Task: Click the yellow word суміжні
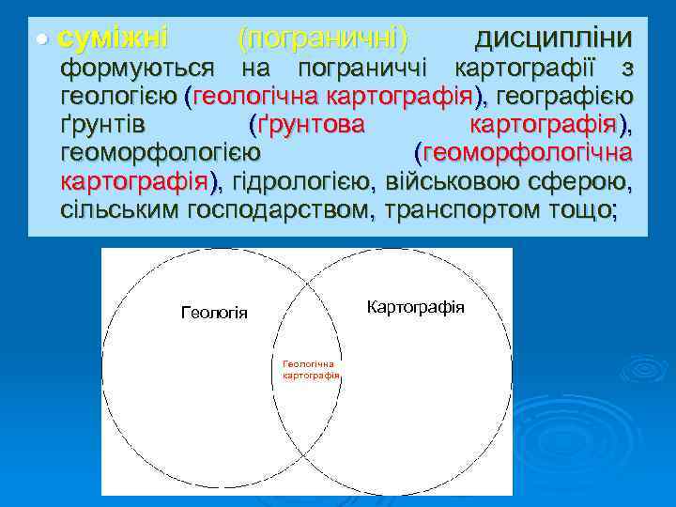(113, 38)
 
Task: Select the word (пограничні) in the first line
(323, 38)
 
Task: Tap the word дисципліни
(553, 38)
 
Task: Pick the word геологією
(119, 97)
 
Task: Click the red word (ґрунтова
(306, 125)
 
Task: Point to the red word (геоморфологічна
(523, 153)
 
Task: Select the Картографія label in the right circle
(416, 307)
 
